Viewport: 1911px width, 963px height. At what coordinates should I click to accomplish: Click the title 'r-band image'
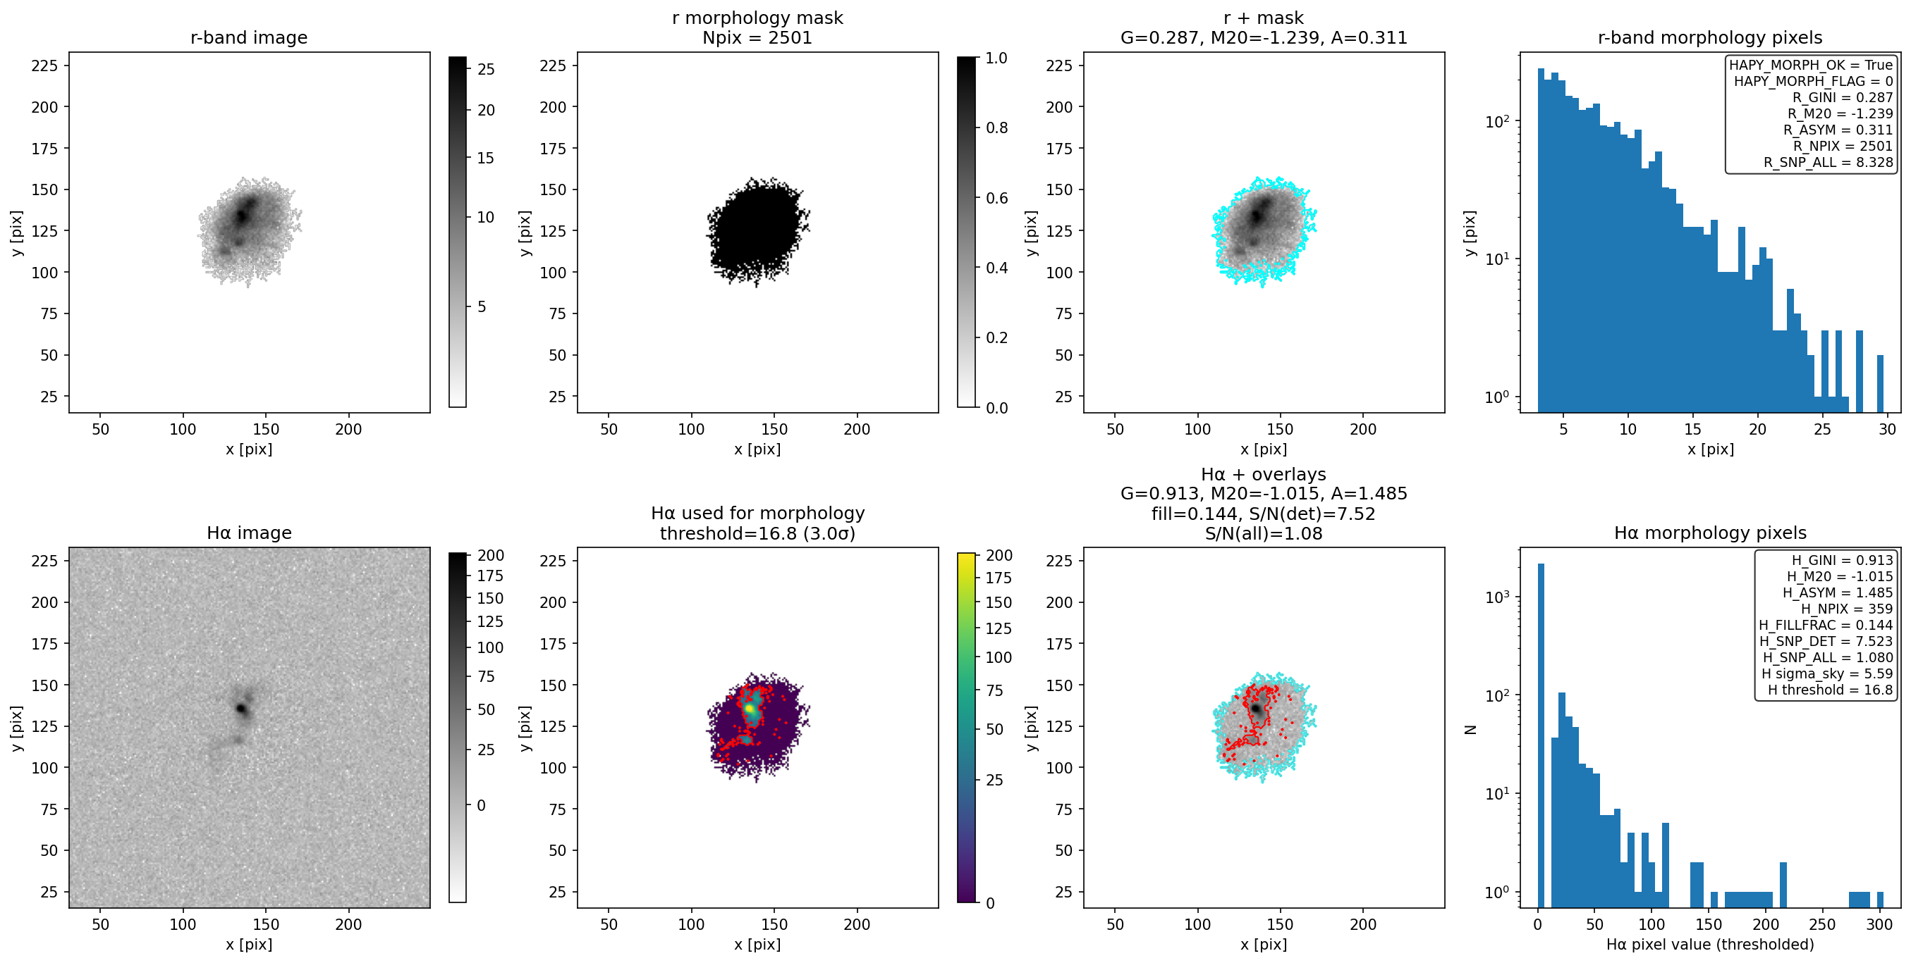point(248,38)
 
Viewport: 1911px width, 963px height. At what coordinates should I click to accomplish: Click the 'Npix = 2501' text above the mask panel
point(757,38)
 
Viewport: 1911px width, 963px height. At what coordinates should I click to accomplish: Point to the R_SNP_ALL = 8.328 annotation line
point(1828,162)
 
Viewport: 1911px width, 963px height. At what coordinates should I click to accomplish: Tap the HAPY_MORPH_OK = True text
point(1811,66)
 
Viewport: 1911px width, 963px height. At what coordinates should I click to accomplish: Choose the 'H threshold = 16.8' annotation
point(1830,690)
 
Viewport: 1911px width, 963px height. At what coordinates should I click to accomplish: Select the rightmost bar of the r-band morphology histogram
point(1881,384)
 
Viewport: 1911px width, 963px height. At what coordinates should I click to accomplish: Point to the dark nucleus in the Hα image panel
point(241,709)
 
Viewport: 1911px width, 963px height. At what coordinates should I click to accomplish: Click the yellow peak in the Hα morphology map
point(750,709)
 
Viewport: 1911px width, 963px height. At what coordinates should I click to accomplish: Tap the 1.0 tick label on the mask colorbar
point(996,58)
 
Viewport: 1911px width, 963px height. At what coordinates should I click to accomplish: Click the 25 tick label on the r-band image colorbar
point(486,69)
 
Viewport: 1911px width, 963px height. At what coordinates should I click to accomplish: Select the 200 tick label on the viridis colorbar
point(999,555)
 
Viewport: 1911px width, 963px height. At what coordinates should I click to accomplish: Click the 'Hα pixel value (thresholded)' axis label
point(1710,945)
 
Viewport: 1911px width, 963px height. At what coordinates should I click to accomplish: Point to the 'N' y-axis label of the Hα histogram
point(1470,730)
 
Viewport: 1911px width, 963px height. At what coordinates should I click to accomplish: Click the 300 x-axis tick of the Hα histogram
point(1880,924)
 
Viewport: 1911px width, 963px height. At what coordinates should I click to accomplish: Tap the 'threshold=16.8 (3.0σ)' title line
point(757,534)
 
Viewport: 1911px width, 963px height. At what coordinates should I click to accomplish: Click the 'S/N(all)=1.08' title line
point(1264,534)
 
